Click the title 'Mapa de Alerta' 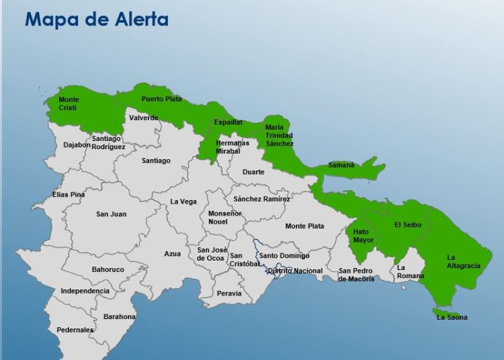pos(96,19)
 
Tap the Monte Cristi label pos(69,104)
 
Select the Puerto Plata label pos(161,99)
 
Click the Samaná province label pos(341,165)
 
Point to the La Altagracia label pos(464,261)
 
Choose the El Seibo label pos(408,225)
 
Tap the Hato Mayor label pos(364,236)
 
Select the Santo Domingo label pos(284,256)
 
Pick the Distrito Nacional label pos(294,271)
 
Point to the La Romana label pos(411,271)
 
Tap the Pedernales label pos(75,330)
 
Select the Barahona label pos(120,316)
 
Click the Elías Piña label pos(69,195)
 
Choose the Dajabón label pos(77,144)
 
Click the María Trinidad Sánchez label pos(279,135)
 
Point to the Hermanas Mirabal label pos(233,147)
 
